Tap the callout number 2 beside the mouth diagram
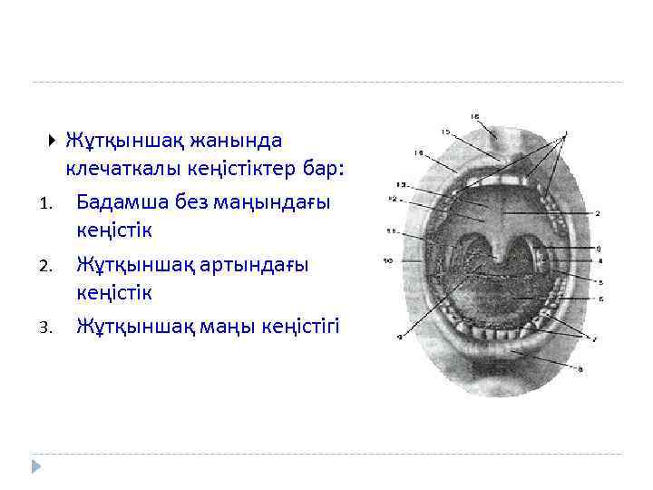click(x=599, y=213)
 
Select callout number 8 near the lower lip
click(x=580, y=368)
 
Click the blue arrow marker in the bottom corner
click(x=35, y=466)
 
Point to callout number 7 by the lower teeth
click(x=594, y=338)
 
